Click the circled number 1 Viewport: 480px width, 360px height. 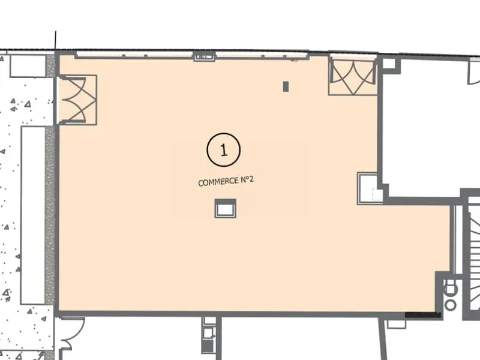coord(223,149)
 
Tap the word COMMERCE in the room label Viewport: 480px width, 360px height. coord(218,182)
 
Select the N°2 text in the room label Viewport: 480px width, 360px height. coord(247,179)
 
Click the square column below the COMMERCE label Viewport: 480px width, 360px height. coord(226,208)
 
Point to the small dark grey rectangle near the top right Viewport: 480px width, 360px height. coord(286,86)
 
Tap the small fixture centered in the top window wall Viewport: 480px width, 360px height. coord(205,56)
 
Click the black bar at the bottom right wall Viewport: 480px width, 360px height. coord(423,315)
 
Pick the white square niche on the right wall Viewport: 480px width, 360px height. coord(367,188)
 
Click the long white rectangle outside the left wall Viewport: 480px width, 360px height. coord(33,215)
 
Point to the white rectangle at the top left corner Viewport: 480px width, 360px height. coord(28,66)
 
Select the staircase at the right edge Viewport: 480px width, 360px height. coord(474,260)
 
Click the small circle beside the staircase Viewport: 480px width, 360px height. coord(451,305)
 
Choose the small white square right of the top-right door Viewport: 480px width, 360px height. coord(389,64)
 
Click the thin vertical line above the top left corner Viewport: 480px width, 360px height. coord(55,41)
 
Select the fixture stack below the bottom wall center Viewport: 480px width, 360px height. coord(208,335)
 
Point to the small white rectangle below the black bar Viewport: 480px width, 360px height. coord(397,324)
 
